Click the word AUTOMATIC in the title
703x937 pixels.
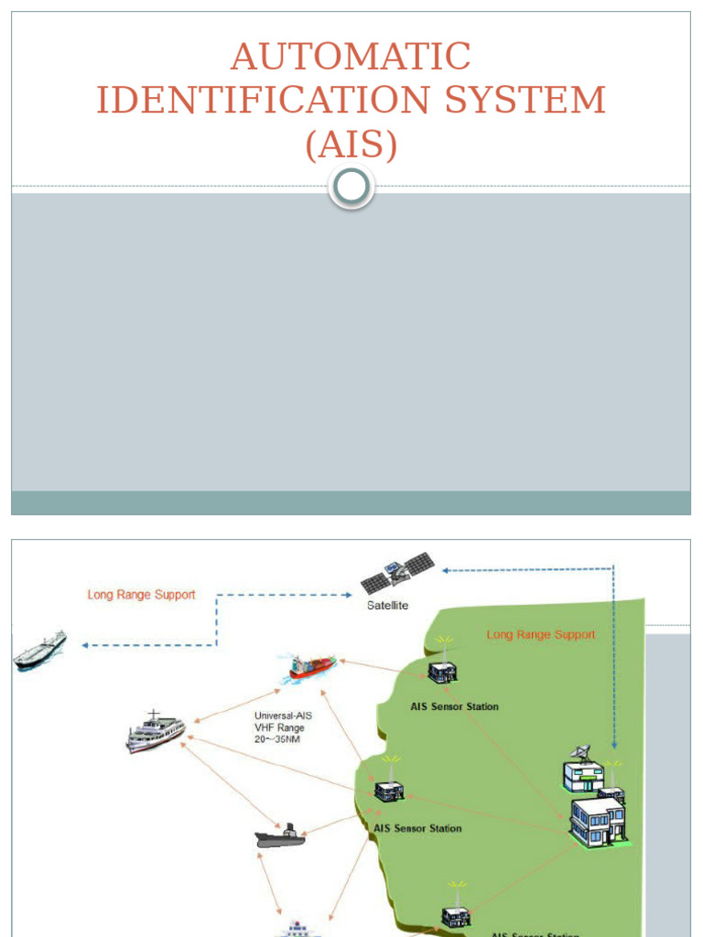point(351,58)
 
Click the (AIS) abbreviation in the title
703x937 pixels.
point(351,145)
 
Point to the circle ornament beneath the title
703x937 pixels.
point(351,187)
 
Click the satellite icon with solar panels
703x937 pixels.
point(396,574)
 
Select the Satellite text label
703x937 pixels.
point(387,605)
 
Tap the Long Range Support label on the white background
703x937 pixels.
point(141,595)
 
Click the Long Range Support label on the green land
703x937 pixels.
point(540,634)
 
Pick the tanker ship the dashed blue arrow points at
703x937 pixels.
point(40,650)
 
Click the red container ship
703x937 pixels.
point(312,667)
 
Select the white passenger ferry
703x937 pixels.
point(156,732)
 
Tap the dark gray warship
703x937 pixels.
point(280,835)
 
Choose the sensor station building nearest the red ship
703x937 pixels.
point(443,671)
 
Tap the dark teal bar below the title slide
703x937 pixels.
point(351,503)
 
